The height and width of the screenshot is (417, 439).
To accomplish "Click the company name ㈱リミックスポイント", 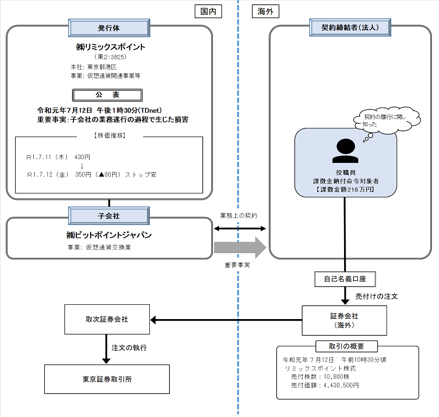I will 110,47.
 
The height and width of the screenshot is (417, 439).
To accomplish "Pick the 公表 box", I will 109,95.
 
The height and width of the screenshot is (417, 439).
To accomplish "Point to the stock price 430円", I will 82,157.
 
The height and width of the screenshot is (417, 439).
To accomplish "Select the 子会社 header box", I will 109,216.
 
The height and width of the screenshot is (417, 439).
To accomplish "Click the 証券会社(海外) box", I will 345,320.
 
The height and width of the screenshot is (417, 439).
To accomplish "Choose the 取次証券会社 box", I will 107,320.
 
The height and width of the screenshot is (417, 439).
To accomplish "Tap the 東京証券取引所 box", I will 107,379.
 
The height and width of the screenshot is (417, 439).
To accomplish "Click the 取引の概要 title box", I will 346,346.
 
